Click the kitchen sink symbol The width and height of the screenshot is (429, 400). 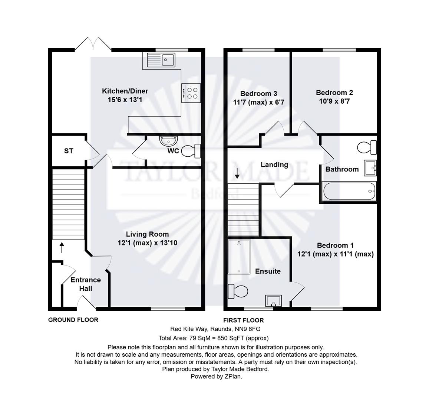161,60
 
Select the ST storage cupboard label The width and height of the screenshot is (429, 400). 69,151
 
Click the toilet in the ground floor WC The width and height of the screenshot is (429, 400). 191,151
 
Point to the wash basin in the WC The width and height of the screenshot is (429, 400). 169,141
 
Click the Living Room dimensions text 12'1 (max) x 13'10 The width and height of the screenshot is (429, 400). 147,243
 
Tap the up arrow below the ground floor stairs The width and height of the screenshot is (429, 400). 62,247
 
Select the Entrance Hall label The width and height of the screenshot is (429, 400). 86,284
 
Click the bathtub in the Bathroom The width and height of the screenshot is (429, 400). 349,191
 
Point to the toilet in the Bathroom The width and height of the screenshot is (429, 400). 367,147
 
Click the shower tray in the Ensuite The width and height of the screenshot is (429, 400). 239,256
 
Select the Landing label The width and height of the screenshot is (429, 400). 274,165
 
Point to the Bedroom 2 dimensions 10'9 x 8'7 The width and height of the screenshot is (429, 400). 334,101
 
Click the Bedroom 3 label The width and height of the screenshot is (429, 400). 258,93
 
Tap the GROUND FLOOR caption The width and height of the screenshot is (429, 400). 73,320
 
